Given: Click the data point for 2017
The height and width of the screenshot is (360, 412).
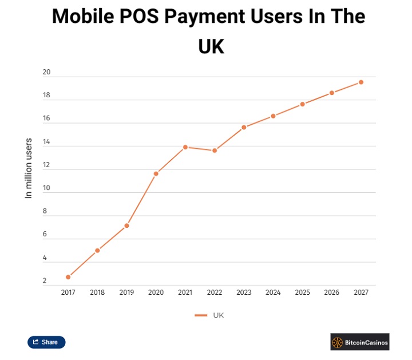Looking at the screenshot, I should click(x=68, y=277).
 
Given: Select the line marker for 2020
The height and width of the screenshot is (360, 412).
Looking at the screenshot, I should click(x=156, y=173).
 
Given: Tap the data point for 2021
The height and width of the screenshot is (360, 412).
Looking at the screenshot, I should click(x=185, y=147).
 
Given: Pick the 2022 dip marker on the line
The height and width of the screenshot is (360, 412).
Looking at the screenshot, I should click(x=215, y=151).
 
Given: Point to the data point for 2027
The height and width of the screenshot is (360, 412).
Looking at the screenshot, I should click(x=361, y=82).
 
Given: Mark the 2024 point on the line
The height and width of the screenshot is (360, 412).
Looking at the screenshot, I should click(x=273, y=116).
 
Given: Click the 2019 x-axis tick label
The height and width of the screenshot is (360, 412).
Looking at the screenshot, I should click(x=126, y=292).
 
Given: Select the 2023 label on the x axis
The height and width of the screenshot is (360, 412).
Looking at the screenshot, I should click(x=244, y=292).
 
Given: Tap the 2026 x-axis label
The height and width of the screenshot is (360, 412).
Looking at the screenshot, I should click(x=331, y=292).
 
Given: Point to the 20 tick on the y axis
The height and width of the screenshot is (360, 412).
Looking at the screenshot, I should click(x=46, y=73).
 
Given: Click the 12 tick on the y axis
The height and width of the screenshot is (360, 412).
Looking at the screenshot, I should click(x=46, y=165).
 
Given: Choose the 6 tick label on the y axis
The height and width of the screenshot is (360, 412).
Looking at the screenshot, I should click(x=45, y=235).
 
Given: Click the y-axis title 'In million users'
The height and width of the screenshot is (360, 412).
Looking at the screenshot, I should click(x=29, y=168).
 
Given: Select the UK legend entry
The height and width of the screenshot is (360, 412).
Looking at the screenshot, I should click(x=210, y=315).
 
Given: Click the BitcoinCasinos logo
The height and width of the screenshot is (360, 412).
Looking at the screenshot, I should click(x=359, y=342).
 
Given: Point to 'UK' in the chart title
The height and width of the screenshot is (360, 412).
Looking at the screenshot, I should click(x=211, y=46).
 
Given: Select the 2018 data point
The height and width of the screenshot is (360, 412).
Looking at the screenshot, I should click(x=97, y=250).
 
